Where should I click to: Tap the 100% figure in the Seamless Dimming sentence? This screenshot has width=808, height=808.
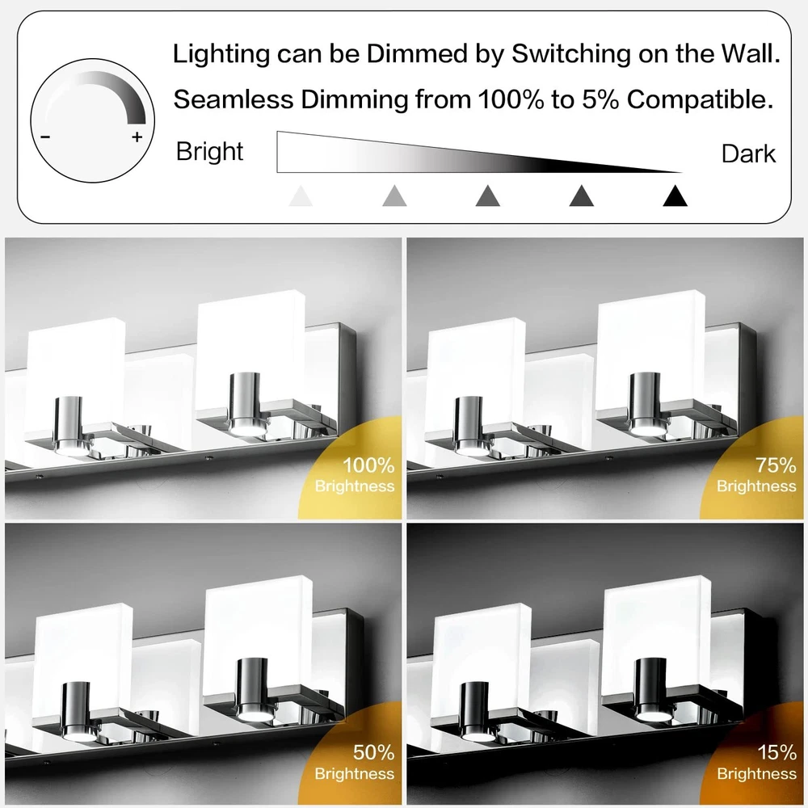[511, 99]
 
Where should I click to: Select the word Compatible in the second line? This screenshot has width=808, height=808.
[701, 99]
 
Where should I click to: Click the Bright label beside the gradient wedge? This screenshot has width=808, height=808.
[209, 152]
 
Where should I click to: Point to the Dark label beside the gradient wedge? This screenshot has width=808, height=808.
[748, 154]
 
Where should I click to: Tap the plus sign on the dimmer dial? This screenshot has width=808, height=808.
[137, 137]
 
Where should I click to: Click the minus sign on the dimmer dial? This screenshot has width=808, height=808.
[45, 137]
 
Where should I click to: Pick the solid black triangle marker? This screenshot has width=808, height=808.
[675, 196]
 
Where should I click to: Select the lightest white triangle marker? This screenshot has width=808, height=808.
[301, 196]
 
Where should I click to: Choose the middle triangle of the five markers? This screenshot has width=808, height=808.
[488, 196]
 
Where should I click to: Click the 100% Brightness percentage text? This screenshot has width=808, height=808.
[368, 465]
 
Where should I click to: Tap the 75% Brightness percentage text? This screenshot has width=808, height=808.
[776, 465]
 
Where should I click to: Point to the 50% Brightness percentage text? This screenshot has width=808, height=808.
[373, 753]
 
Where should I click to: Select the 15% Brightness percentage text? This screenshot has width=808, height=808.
[777, 753]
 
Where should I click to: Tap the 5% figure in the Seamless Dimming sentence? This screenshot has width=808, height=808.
[601, 99]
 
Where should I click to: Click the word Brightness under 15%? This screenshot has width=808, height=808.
[756, 773]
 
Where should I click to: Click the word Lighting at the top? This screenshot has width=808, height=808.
[221, 54]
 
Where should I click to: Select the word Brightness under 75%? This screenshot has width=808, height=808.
[756, 486]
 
